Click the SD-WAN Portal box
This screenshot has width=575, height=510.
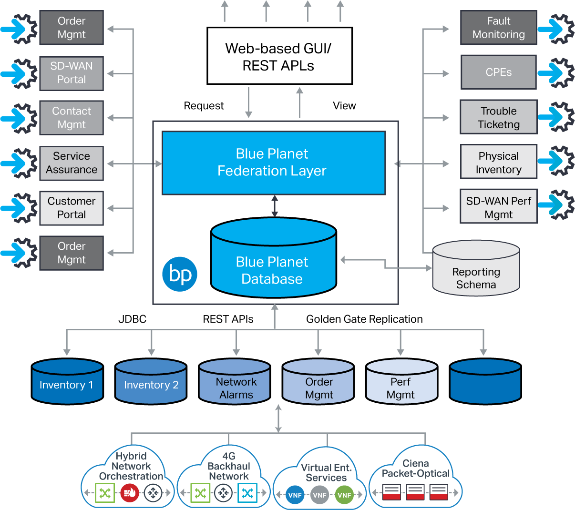(72, 73)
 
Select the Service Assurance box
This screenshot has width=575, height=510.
(72, 163)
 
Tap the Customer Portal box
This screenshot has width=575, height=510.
(72, 208)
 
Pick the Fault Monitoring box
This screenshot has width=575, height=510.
(498, 28)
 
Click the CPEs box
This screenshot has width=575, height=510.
(498, 72)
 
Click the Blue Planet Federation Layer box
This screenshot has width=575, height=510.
(273, 163)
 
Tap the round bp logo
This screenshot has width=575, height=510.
(180, 274)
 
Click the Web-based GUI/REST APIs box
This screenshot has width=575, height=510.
(279, 56)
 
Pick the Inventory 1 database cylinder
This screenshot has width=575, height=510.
(67, 383)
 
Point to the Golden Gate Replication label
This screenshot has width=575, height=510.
(364, 319)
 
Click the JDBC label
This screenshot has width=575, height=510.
(132, 319)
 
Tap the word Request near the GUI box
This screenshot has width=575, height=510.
(204, 105)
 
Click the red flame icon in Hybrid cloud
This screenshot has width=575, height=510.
(129, 493)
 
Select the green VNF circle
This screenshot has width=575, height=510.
(344, 495)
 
